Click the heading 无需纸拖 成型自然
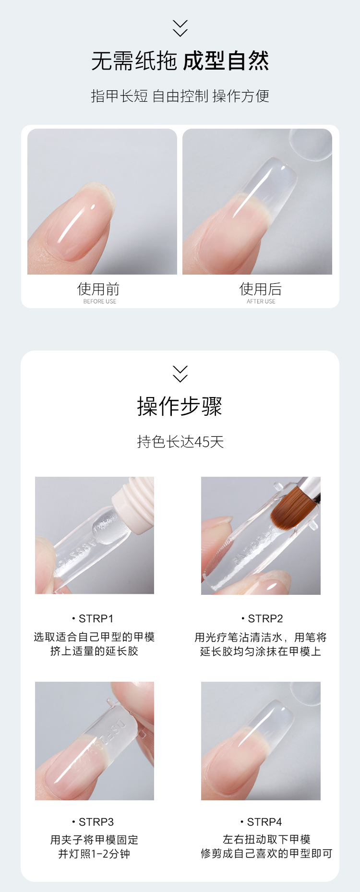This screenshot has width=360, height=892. click(x=180, y=61)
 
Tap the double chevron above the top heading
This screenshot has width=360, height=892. click(x=180, y=28)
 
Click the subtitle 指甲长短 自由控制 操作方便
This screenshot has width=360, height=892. click(x=180, y=96)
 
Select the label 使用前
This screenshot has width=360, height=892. click(x=98, y=289)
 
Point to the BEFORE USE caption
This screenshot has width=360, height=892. click(x=100, y=301)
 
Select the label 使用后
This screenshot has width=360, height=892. click(x=261, y=289)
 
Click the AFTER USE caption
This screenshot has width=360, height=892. click(x=261, y=301)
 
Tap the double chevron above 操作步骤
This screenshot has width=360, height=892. click(x=180, y=374)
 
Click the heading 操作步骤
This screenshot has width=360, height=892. click(x=180, y=406)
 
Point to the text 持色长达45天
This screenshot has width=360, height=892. click(x=180, y=442)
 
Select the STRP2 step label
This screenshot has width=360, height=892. click(x=263, y=618)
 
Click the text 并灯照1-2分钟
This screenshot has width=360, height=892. click(x=94, y=854)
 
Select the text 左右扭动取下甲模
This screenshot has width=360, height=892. click(x=266, y=839)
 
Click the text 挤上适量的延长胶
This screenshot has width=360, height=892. click(x=94, y=651)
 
